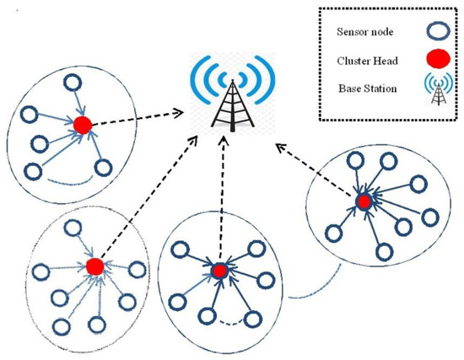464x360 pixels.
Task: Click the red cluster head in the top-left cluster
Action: (x=83, y=126)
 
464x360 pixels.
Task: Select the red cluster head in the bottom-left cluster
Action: (x=95, y=265)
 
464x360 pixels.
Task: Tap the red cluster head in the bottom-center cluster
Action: (x=219, y=271)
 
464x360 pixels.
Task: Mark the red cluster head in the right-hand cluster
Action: (x=364, y=201)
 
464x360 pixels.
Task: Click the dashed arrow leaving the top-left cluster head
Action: (x=135, y=118)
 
